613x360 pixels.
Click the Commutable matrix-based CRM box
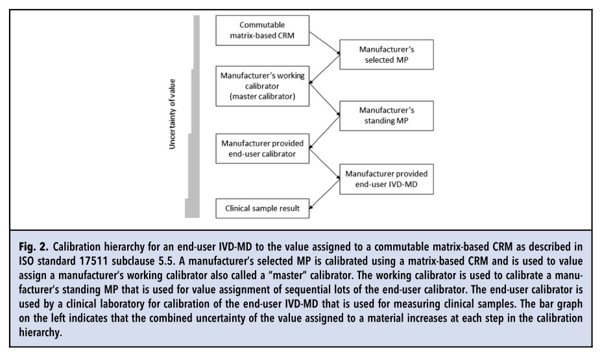[263, 30]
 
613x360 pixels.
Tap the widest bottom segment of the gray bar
[191, 208]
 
